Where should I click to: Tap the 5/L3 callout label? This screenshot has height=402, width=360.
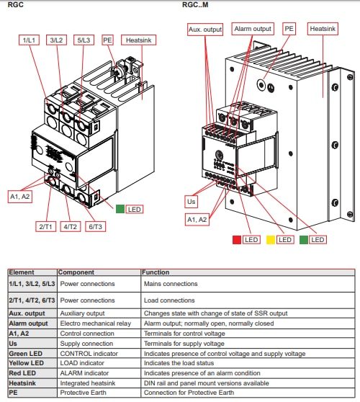click(x=84, y=41)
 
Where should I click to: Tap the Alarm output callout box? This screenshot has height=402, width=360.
click(x=252, y=30)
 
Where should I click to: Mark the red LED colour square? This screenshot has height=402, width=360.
click(x=235, y=238)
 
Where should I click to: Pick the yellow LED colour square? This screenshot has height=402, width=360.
click(x=269, y=238)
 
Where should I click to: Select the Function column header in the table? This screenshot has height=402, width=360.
click(x=157, y=273)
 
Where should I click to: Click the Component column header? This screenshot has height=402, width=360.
click(x=76, y=273)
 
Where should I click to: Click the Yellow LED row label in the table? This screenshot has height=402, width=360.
click(x=25, y=364)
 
